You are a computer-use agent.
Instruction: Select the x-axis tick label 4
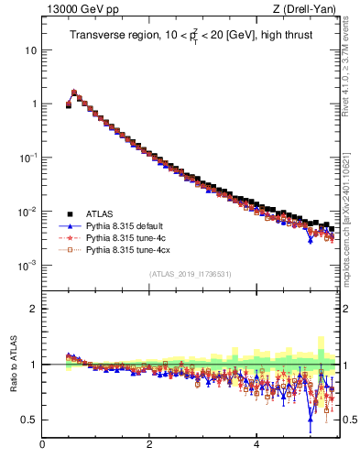point(256,444)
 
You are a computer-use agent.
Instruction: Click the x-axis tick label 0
point(42,444)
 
